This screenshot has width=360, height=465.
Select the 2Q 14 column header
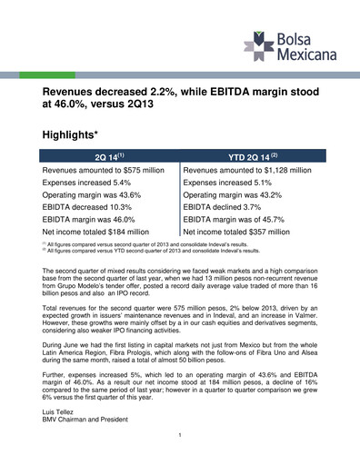pyautogui.click(x=109, y=156)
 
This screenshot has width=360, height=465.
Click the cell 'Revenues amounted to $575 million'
pyautogui.click(x=103, y=170)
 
